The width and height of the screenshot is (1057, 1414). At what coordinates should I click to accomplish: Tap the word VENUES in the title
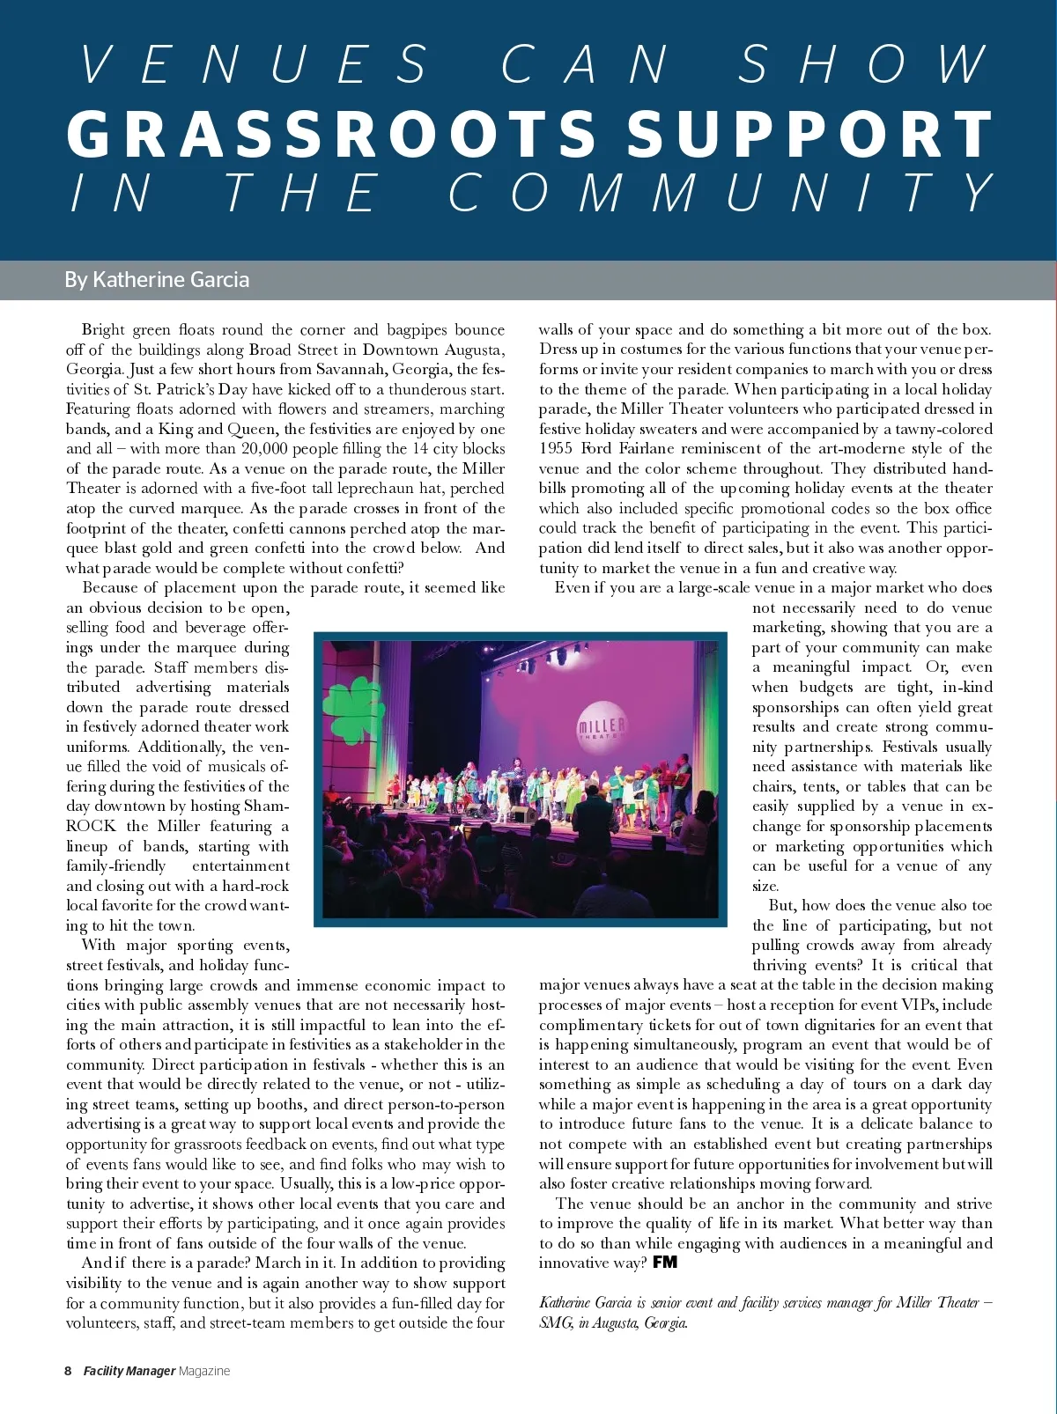click(x=254, y=64)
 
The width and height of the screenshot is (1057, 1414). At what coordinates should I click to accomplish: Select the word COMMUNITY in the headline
click(x=721, y=193)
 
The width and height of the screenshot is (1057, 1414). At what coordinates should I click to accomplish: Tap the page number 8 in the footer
click(x=68, y=1371)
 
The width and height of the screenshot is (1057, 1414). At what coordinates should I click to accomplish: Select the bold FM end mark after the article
click(x=665, y=1263)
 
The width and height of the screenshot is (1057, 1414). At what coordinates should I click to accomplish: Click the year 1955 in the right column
click(x=557, y=448)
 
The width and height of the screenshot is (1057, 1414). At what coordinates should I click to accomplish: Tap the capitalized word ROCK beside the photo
click(x=91, y=826)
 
